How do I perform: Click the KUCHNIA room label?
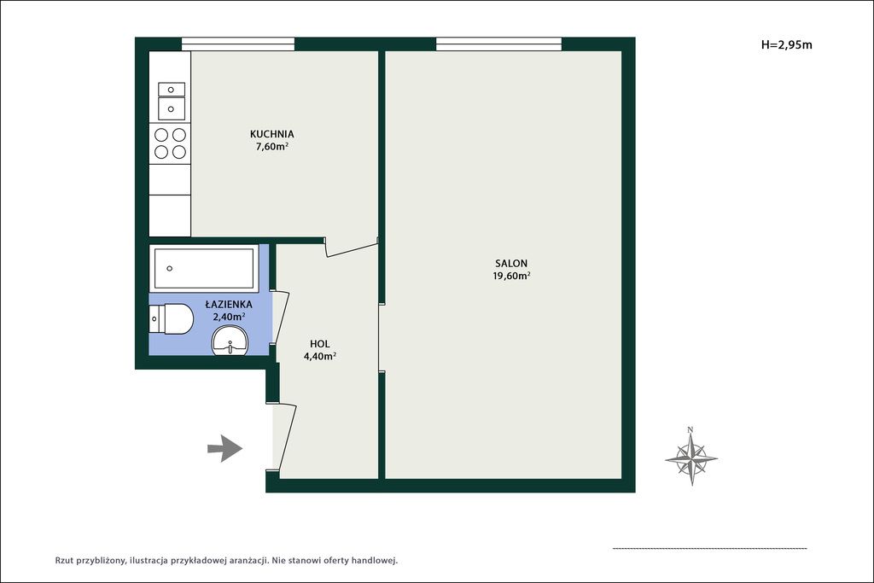[272, 134]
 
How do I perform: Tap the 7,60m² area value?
[272, 147]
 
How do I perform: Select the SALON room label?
[511, 263]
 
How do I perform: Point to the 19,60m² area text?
[511, 276]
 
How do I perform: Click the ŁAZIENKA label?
[229, 305]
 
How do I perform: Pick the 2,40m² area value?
[229, 317]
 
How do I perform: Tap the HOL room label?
[320, 344]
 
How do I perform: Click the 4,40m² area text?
[320, 357]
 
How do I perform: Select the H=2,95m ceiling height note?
[786, 45]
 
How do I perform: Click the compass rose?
[691, 459]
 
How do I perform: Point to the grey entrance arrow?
[225, 448]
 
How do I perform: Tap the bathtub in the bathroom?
[204, 268]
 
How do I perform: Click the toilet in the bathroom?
[171, 319]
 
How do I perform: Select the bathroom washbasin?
[230, 341]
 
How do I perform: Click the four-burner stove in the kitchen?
[170, 143]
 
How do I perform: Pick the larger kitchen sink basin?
[172, 108]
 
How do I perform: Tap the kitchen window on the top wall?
[238, 44]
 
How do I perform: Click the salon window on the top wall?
[498, 44]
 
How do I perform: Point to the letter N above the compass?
[690, 429]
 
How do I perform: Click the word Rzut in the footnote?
[64, 561]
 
